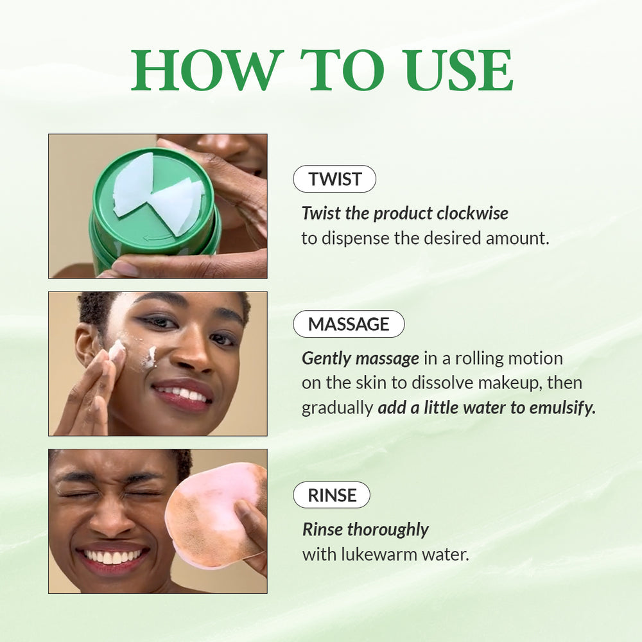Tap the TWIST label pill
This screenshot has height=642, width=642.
tap(334, 179)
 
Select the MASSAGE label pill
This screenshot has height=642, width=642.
tap(349, 324)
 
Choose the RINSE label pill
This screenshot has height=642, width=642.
tap(331, 495)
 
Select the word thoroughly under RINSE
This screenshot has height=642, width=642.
tap(388, 530)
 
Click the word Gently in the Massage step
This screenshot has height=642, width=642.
tap(327, 358)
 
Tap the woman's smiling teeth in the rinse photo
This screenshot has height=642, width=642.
tap(112, 557)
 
